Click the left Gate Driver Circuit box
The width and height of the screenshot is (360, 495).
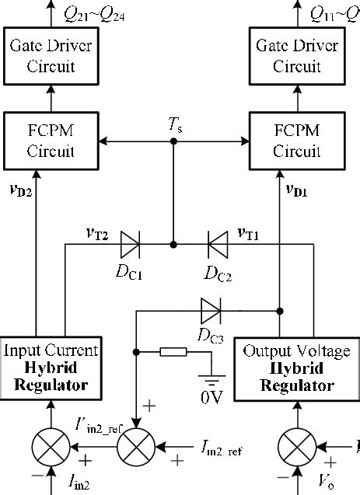pos(52,57)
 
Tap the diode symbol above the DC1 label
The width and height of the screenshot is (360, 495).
pos(130,244)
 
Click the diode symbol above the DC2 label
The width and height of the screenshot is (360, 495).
pos(216,244)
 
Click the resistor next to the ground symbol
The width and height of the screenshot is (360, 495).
pos(173,353)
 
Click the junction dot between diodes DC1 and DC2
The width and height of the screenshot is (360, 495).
pos(173,244)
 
